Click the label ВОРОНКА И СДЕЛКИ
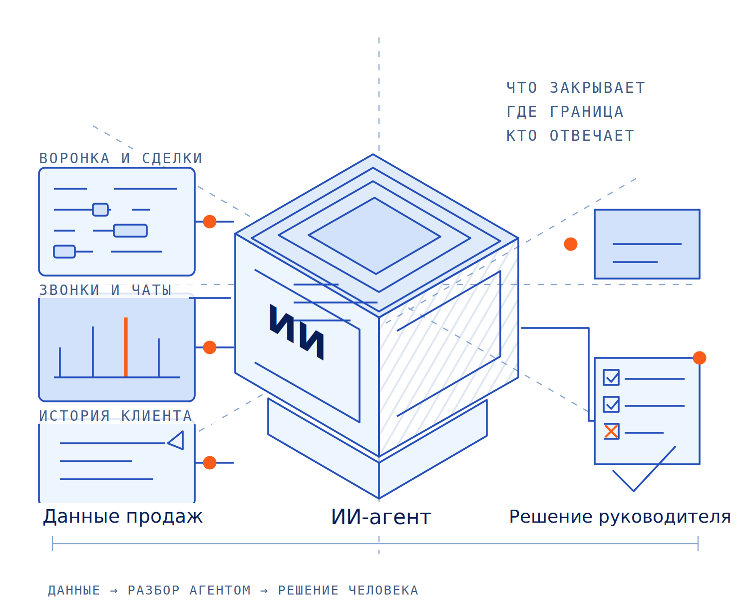tap(120, 158)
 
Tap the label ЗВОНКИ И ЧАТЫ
tap(105, 290)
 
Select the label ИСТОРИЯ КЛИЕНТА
tap(115, 415)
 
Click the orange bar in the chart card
tap(125, 346)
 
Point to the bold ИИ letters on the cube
tap(297, 331)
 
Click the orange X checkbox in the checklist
tap(611, 431)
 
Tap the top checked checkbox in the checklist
tap(611, 377)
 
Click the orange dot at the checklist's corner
tap(699, 357)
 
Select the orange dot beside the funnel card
tap(210, 221)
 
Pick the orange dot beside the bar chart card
tap(210, 347)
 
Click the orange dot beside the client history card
tap(210, 462)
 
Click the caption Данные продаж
tap(122, 517)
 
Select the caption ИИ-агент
tap(380, 517)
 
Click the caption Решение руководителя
tap(620, 517)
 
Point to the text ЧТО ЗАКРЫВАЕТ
tap(575, 88)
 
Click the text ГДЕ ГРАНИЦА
tap(565, 111)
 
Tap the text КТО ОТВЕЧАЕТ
tap(570, 135)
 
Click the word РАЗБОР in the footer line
tap(153, 590)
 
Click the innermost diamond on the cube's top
tap(374, 236)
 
